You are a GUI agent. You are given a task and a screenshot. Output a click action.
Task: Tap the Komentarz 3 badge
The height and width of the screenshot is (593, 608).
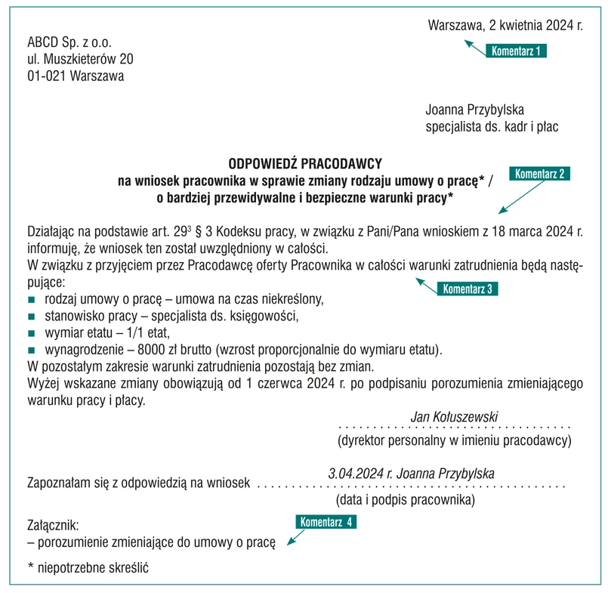[468, 289]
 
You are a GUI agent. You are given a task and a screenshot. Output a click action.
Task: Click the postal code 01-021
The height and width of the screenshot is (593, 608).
[45, 76]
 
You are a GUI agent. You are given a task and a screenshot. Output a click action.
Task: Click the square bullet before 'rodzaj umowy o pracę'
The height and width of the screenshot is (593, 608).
[32, 299]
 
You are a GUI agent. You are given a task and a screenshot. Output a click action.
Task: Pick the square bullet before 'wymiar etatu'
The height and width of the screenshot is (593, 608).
[32, 333]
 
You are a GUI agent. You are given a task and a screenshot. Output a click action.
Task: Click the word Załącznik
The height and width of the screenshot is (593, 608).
[53, 524]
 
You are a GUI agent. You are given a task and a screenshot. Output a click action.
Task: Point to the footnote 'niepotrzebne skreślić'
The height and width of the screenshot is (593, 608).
[91, 567]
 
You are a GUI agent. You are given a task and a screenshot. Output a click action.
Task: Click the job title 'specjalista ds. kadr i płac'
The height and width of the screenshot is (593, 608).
[492, 126]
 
